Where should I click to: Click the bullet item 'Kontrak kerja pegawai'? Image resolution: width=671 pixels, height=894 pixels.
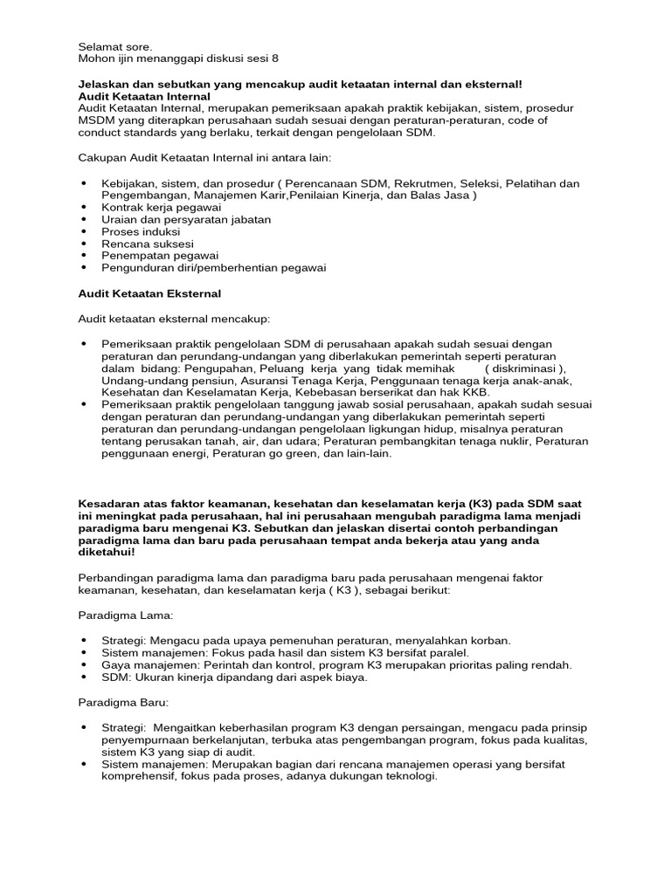click(162, 208)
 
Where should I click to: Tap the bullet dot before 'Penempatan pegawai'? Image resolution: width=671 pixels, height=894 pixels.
click(84, 256)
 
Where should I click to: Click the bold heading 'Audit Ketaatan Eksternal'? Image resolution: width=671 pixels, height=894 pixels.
click(149, 293)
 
